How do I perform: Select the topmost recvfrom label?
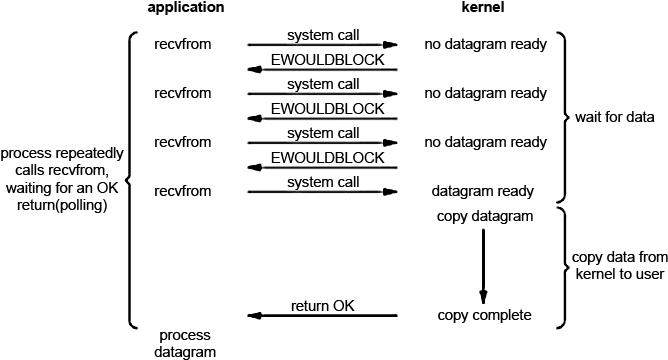[x=183, y=45]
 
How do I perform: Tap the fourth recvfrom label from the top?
[x=183, y=190]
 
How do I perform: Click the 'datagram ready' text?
[x=482, y=190]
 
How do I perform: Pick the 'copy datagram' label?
[x=484, y=216]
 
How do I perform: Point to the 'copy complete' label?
[x=484, y=315]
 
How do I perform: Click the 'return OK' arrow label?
[x=322, y=305]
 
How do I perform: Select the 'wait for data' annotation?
[x=614, y=118]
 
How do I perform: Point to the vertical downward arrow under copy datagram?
[x=483, y=265]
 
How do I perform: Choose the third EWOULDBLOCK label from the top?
[x=322, y=158]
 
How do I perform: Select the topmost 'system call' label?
[x=322, y=36]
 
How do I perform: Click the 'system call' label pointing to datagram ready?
[x=322, y=182]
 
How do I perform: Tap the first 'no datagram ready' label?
[x=485, y=45]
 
